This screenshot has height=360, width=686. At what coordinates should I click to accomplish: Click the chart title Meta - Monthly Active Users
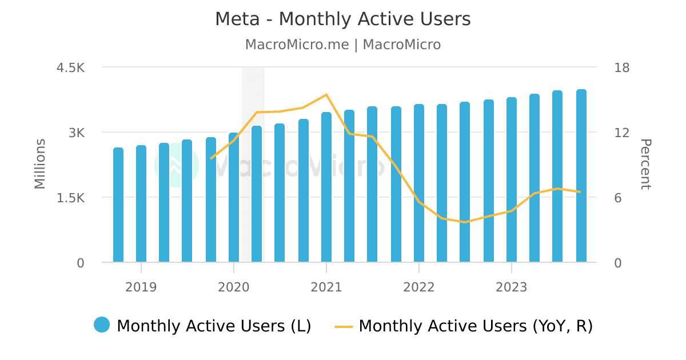click(343, 19)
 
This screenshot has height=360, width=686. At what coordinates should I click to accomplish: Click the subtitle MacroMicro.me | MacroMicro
click(343, 45)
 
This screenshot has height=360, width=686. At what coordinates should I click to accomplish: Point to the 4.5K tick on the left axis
click(70, 67)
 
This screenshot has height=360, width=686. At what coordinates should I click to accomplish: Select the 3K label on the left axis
click(77, 133)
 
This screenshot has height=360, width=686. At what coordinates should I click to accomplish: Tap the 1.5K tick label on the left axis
click(70, 198)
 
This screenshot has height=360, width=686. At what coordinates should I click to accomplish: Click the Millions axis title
click(40, 164)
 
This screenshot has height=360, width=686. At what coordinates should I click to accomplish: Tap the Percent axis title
click(645, 164)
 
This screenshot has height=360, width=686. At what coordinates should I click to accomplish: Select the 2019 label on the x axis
click(141, 287)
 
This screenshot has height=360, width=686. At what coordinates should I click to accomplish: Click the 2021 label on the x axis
click(326, 287)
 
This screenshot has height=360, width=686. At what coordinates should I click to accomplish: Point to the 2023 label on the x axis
click(511, 287)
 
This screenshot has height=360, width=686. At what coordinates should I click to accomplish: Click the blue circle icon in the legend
click(102, 325)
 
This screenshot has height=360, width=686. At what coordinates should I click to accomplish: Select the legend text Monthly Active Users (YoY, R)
click(476, 326)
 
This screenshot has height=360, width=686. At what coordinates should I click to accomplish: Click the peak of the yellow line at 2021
click(326, 94)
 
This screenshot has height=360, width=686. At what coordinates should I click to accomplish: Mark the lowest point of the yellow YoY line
click(465, 222)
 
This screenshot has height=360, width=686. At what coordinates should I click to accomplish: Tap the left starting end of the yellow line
click(211, 158)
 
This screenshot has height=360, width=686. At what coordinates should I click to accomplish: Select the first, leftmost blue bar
click(118, 205)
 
